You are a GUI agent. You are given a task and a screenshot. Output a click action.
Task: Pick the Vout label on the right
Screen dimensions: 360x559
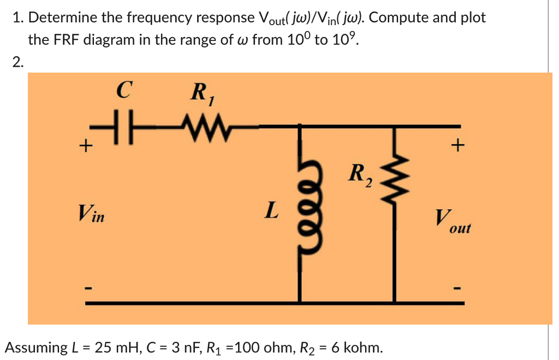(453, 222)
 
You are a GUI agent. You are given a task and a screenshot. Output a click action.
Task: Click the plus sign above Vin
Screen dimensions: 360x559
(84, 146)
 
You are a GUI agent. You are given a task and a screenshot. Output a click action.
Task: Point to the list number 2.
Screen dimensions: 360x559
(18, 62)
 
